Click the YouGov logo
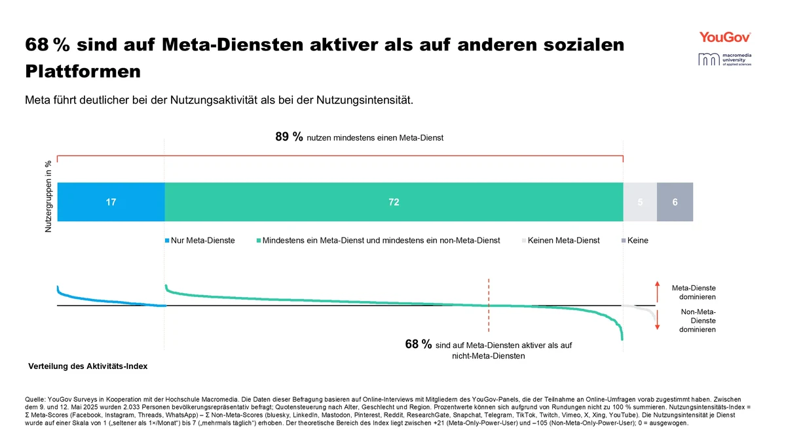(724, 37)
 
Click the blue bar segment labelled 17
(111, 203)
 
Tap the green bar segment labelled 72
(394, 203)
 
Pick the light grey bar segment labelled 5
(640, 203)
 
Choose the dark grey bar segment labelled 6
(675, 203)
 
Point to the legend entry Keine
(637, 241)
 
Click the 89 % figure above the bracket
(289, 137)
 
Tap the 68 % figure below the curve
(419, 345)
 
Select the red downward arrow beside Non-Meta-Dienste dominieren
(658, 320)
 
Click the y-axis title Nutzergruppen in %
(48, 197)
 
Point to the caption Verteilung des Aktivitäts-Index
(88, 366)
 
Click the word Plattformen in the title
(83, 71)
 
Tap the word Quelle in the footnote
(35, 398)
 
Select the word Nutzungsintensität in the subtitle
(369, 101)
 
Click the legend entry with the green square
(380, 241)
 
